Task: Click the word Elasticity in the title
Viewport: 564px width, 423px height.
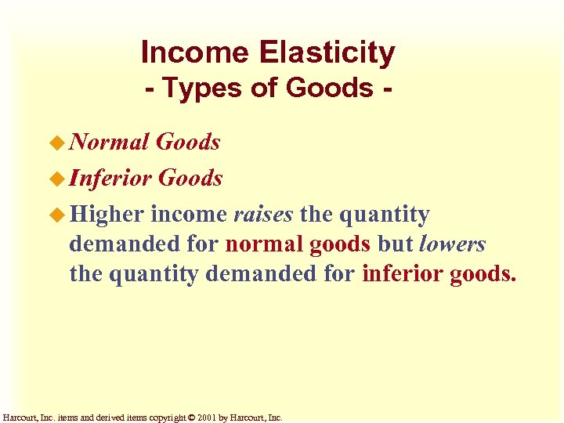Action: pyautogui.click(x=327, y=52)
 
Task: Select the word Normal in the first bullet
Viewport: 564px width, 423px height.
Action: pyautogui.click(x=109, y=142)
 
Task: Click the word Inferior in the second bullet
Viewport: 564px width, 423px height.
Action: pyautogui.click(x=110, y=178)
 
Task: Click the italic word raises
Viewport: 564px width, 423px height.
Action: pyautogui.click(x=263, y=215)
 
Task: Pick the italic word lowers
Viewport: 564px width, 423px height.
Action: pyautogui.click(x=452, y=244)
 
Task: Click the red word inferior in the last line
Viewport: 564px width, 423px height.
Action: pyautogui.click(x=402, y=274)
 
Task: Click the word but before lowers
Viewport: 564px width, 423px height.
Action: pyautogui.click(x=396, y=244)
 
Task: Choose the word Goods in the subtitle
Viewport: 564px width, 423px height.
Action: pyautogui.click(x=329, y=88)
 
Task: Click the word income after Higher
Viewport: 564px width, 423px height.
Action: pyautogui.click(x=189, y=215)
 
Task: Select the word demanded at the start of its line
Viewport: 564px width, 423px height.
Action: pyautogui.click(x=123, y=244)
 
